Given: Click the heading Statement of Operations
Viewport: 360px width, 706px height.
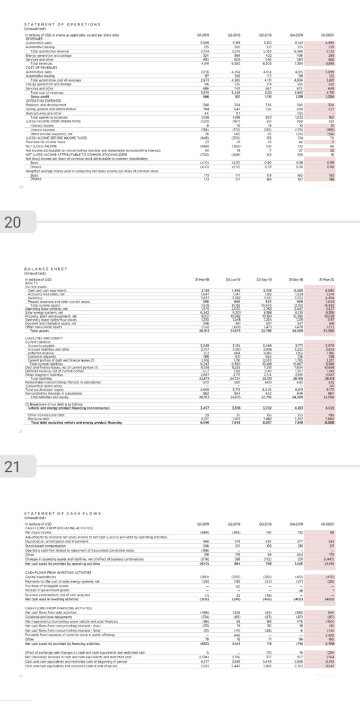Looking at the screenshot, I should [63, 24].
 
